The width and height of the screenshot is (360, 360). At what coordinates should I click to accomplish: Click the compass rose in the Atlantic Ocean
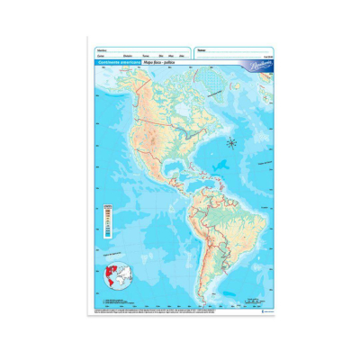click(x=231, y=141)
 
